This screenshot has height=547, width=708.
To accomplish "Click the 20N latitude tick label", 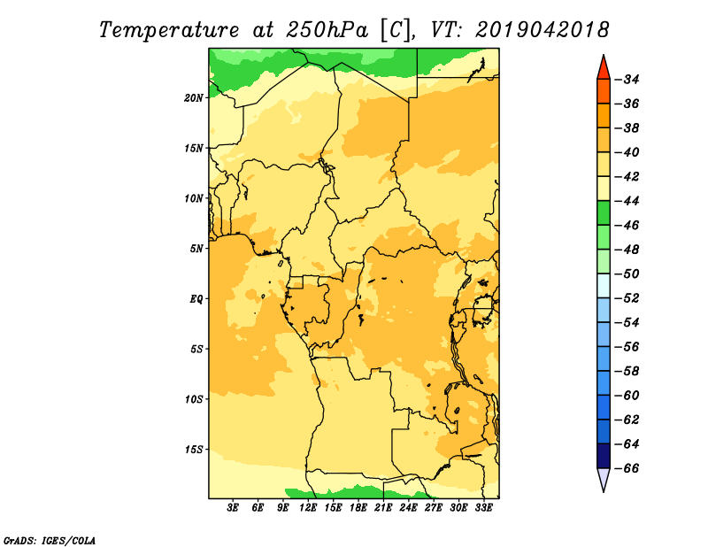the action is [194, 98].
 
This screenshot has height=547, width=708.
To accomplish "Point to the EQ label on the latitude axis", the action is [196, 299].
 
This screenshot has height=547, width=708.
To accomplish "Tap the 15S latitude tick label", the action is [194, 450].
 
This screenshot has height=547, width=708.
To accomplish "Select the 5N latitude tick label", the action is [196, 249].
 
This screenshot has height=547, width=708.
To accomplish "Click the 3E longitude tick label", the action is [233, 508].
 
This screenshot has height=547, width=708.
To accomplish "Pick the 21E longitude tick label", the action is [383, 508].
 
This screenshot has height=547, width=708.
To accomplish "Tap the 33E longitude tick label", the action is [483, 508].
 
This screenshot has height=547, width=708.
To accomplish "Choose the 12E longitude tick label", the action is [308, 508].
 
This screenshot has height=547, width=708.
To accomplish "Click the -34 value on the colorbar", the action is [627, 80].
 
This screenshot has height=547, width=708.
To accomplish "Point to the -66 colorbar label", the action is [627, 468].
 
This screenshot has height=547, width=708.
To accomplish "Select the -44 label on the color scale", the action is [627, 201].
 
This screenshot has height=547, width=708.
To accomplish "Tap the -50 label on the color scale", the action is [627, 274].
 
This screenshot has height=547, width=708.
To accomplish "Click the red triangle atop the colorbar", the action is [604, 69].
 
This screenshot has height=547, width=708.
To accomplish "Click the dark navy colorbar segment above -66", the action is [604, 456].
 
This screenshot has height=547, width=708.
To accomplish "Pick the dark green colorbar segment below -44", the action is [604, 213].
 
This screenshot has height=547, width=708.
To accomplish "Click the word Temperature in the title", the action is [169, 30].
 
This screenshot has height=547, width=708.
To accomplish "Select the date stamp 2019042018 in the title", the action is [543, 30].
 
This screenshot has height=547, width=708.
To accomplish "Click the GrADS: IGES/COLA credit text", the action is [50, 541].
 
